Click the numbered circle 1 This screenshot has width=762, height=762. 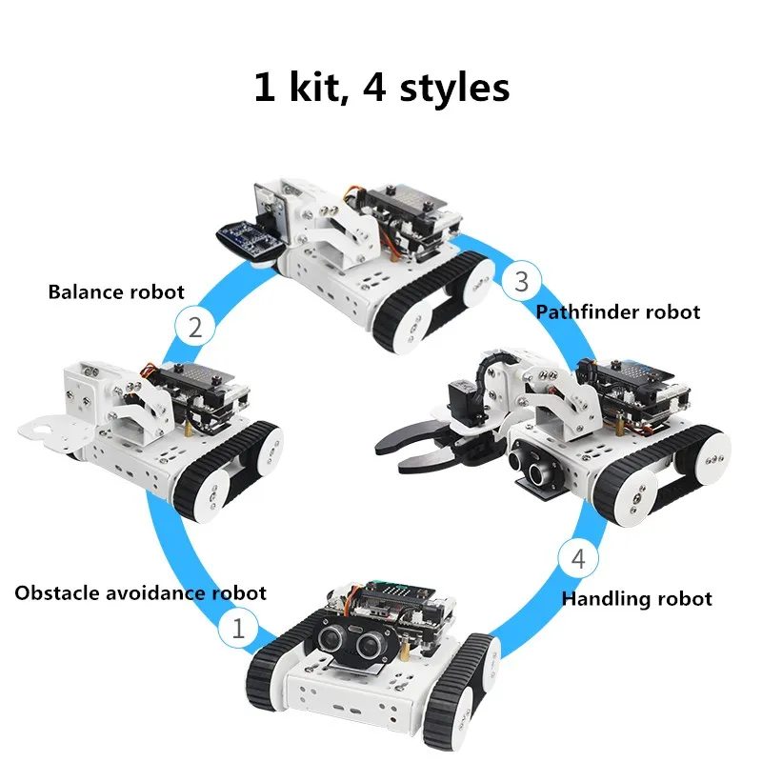point(238,628)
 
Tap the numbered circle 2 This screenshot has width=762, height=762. point(194,328)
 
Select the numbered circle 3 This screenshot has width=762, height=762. point(521,280)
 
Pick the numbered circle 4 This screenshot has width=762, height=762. point(578,559)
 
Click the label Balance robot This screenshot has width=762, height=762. point(116,291)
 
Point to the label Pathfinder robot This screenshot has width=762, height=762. point(617,311)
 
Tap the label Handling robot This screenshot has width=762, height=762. point(636,598)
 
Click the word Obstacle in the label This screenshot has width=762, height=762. point(56,592)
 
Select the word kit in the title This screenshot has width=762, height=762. point(306,88)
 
